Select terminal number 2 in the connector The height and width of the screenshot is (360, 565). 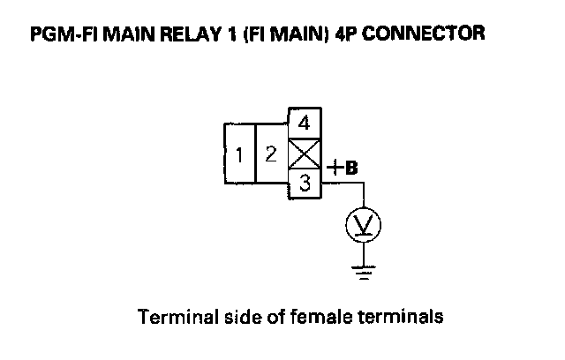tap(272, 154)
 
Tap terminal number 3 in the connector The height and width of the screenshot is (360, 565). tap(304, 184)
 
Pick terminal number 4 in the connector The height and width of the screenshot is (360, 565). tap(304, 122)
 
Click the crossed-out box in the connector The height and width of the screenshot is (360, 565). tap(304, 154)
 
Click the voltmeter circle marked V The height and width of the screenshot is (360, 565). tap(363, 227)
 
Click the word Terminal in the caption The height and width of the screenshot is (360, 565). tap(169, 315)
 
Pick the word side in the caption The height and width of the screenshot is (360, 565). tap(230, 315)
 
